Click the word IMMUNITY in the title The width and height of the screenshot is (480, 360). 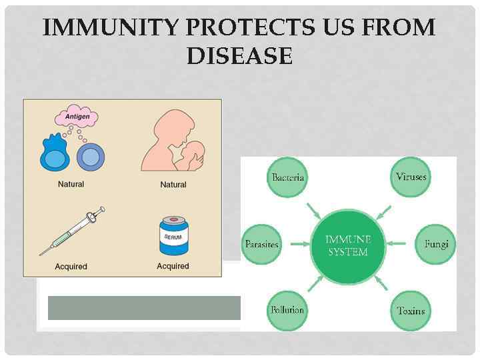pos(111,28)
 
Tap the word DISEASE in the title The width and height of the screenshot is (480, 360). pos(239,56)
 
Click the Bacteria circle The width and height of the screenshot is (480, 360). pos(288,177)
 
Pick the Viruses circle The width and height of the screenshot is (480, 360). pos(410,177)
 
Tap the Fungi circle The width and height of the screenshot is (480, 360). pos(436,244)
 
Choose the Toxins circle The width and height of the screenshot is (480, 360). pos(411,311)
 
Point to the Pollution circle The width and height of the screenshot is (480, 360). pos(287,310)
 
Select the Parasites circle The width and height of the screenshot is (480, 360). pos(262,244)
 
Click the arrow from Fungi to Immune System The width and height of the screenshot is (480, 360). pos(397,244)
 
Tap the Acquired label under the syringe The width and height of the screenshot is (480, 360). pos(71,267)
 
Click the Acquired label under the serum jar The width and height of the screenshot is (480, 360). pos(173,266)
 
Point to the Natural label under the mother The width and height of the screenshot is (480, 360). pos(173,185)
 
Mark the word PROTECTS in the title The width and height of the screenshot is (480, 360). pos(254,28)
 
